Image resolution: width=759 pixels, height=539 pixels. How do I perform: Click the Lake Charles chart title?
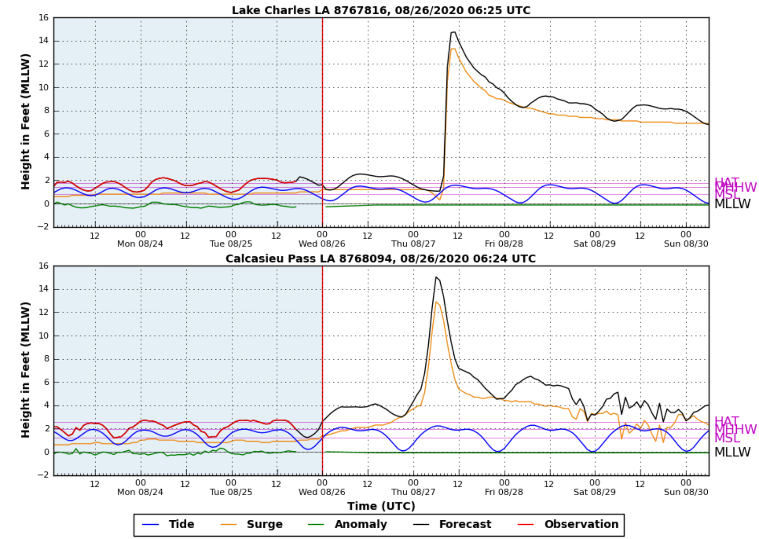tap(381, 10)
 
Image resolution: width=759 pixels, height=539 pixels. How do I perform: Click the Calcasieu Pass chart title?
tap(380, 258)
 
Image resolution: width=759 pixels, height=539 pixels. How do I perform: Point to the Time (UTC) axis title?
tap(381, 506)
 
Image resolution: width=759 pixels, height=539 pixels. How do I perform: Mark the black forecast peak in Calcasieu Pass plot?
tap(436, 277)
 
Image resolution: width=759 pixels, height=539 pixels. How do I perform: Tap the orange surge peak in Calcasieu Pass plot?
tap(436, 302)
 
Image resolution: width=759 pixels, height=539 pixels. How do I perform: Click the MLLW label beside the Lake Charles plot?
tap(732, 204)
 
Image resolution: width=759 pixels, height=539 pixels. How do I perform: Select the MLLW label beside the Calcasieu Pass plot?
tap(732, 452)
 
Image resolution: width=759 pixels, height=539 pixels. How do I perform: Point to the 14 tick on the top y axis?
tap(44, 41)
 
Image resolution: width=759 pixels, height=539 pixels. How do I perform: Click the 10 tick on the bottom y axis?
tap(44, 336)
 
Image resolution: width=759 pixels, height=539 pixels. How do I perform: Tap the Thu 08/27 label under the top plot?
tap(413, 243)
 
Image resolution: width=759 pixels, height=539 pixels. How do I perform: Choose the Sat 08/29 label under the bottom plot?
tap(594, 492)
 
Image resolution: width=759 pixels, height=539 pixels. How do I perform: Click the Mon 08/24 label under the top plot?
tap(140, 243)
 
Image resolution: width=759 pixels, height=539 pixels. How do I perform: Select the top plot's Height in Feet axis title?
tap(26, 122)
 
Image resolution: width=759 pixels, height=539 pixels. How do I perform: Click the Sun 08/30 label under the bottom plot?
tap(686, 492)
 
